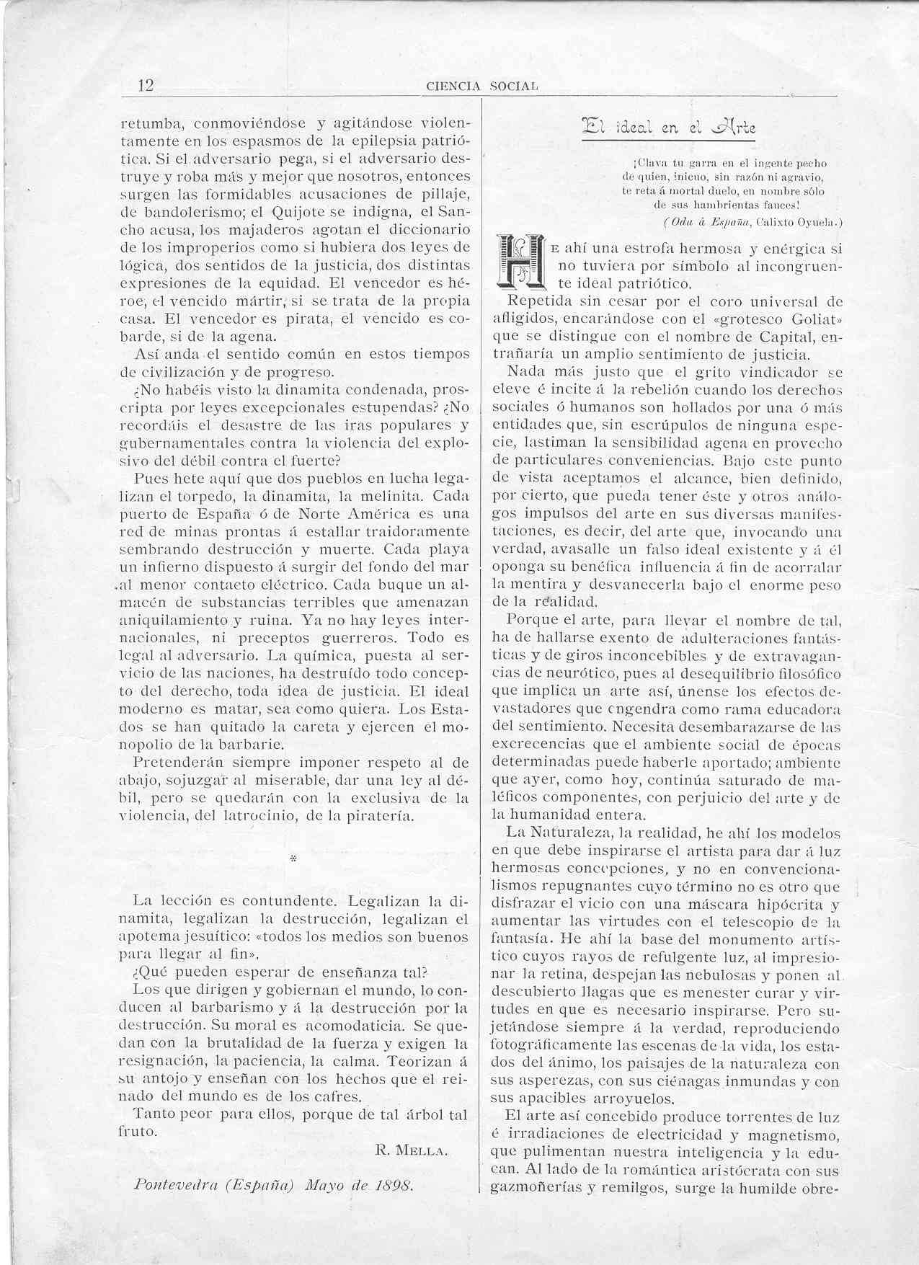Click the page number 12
tap(146, 85)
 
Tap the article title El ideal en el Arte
tap(663, 128)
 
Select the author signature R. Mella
tap(412, 1151)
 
